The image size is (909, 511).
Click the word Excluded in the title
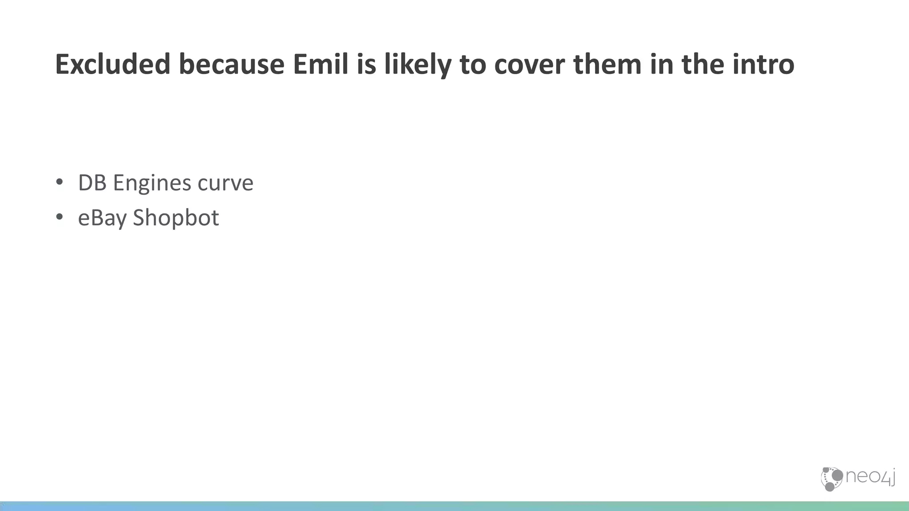coord(113,64)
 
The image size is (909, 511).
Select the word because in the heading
coord(231,64)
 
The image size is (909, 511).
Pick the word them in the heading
coord(607,64)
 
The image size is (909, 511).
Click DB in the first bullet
coord(92,183)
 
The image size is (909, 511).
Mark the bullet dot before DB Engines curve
coord(59,182)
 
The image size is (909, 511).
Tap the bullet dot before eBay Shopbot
coord(59,217)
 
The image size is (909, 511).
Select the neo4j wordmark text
coord(870,478)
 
